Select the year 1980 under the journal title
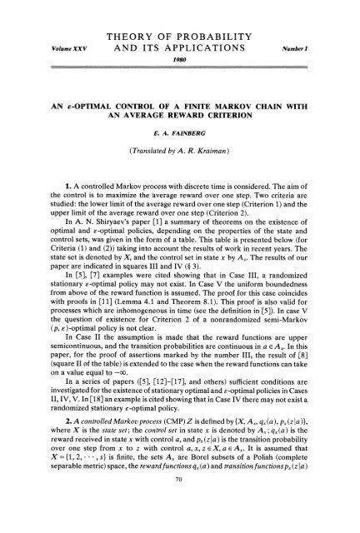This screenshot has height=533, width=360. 179,49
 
